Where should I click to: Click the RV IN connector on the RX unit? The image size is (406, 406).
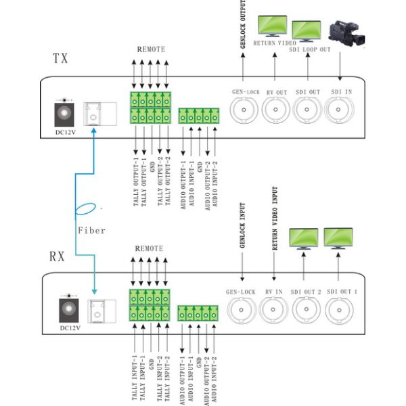pos(274,309)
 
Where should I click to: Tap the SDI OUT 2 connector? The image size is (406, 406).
pos(305,309)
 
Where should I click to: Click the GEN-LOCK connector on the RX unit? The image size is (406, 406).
pos(242,309)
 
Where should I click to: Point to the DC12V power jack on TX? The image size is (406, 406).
pos(65,112)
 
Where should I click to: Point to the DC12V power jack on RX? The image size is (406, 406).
pos(68,309)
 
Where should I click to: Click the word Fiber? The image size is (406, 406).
pos(91,230)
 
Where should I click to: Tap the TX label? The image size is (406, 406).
pos(61,58)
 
